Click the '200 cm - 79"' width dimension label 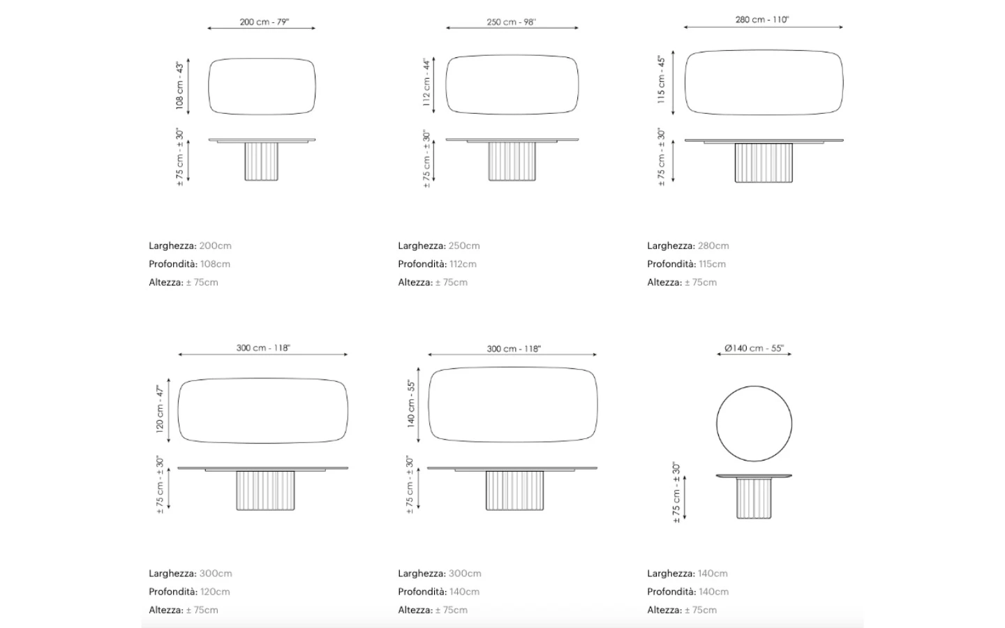coord(265,22)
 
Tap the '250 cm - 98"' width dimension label coord(512,22)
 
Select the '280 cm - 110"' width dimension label coord(762,20)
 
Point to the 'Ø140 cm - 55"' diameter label coord(754,348)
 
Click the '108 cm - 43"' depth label coord(179,85)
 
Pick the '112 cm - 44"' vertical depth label coord(426,82)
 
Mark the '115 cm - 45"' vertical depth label coord(661,80)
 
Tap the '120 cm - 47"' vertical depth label coord(160,409)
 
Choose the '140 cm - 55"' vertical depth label coord(411,404)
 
